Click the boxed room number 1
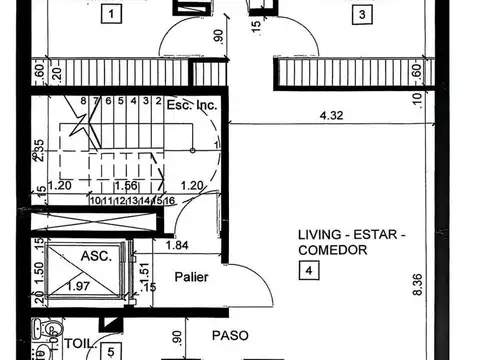tap(110, 14)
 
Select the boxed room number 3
tap(363, 14)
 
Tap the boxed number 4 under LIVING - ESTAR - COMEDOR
tap(310, 269)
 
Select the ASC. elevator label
tap(96, 256)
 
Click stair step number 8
tap(84, 101)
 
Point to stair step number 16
tap(171, 201)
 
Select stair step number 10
tap(93, 201)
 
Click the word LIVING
tap(319, 236)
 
